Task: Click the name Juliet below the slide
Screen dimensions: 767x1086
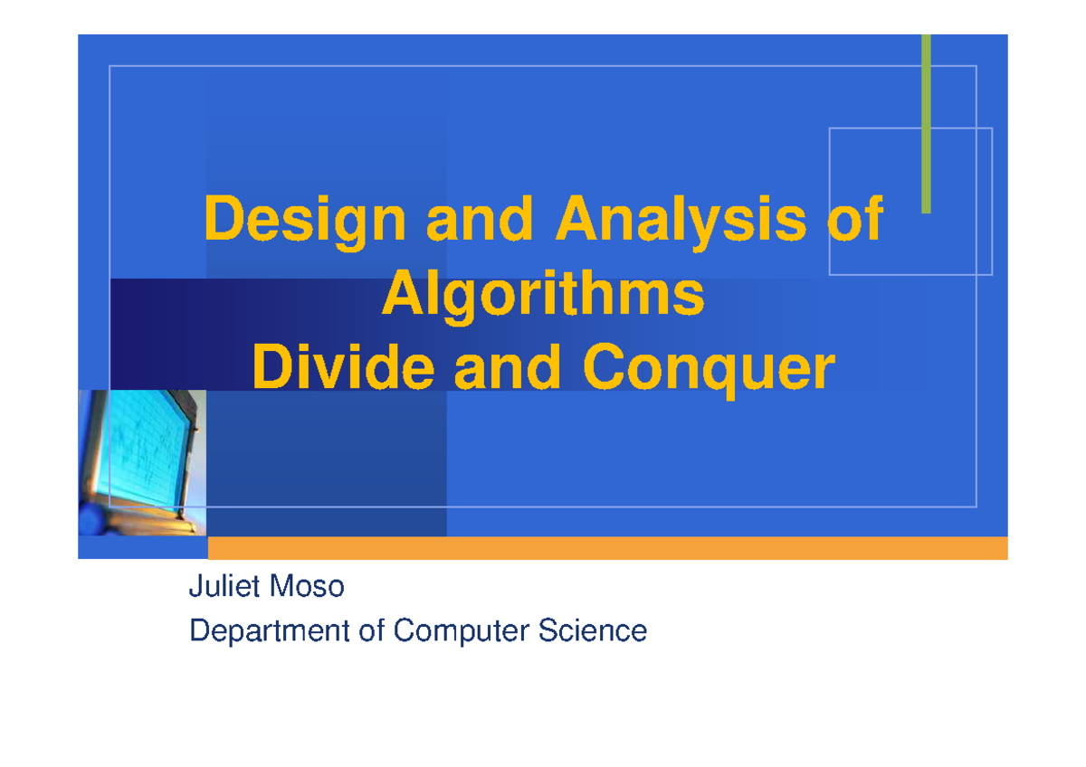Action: tap(217, 587)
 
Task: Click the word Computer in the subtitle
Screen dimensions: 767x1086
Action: tap(461, 630)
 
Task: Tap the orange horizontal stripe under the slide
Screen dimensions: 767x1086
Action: tap(606, 548)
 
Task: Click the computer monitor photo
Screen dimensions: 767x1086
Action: tap(142, 461)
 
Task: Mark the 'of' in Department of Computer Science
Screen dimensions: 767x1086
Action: tap(372, 630)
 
